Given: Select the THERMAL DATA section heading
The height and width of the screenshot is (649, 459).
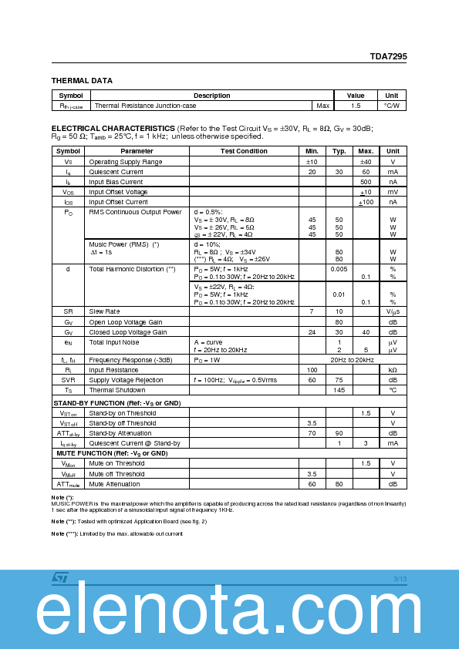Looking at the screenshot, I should (82, 80).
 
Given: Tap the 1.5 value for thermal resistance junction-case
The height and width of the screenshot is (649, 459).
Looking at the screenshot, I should (355, 105).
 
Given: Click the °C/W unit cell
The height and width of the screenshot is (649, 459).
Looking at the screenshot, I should (391, 105).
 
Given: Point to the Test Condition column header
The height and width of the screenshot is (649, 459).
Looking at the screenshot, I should (244, 151).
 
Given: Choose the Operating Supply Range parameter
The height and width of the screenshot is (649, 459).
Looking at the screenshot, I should (126, 162).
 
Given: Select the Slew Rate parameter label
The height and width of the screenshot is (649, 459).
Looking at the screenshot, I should (104, 311).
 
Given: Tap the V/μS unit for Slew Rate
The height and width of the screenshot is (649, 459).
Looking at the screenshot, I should (393, 311).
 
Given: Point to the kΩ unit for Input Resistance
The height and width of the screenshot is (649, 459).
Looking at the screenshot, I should (393, 370).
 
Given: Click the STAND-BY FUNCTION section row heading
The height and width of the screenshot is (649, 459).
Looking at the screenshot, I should (116, 403).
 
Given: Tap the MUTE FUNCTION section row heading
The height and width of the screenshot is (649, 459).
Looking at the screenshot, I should (110, 453).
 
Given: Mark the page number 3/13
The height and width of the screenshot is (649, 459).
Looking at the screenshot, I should (399, 579).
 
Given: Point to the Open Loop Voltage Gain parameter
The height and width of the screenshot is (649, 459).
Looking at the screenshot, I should (126, 321).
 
